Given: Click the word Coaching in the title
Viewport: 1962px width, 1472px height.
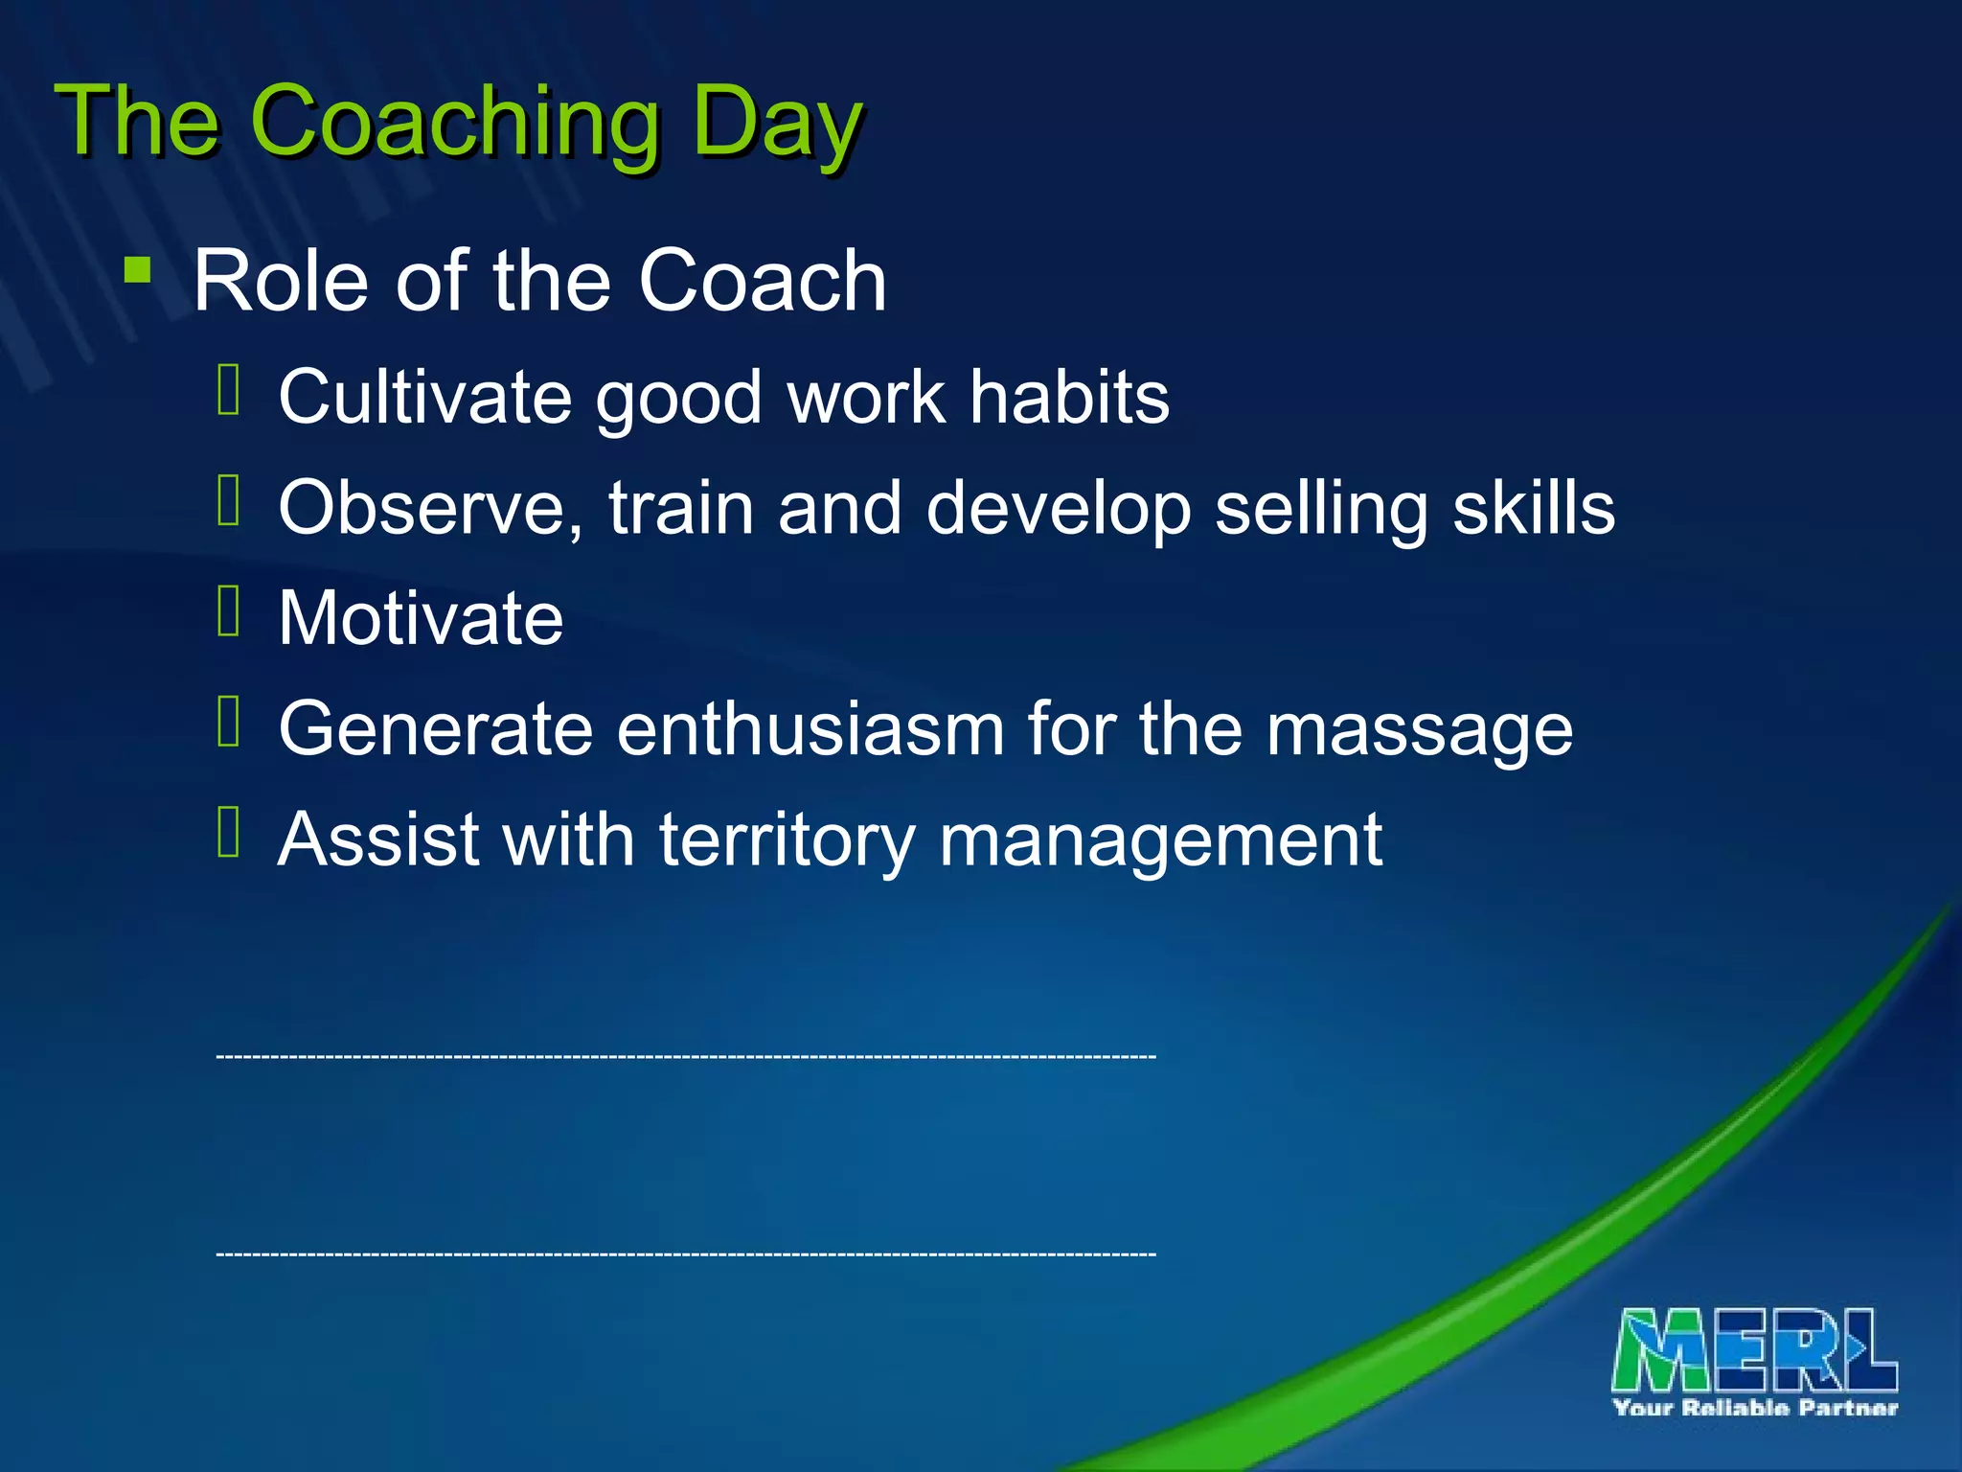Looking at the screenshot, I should click(x=454, y=123).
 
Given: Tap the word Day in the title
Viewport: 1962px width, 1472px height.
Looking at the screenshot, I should click(x=776, y=123).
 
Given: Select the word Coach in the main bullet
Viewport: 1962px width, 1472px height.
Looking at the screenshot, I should click(x=762, y=281).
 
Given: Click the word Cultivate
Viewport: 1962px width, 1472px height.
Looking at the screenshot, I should click(x=424, y=397).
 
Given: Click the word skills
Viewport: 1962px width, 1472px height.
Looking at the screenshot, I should click(x=1534, y=508).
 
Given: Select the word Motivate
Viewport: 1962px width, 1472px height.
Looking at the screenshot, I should click(x=421, y=618).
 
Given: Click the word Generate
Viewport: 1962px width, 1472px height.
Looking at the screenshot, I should click(x=435, y=729).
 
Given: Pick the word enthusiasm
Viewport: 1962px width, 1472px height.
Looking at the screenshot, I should click(x=810, y=729).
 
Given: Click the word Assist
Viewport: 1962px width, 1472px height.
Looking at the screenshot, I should click(x=377, y=839).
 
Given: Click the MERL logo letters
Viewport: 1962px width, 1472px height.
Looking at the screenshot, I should click(x=1754, y=1349).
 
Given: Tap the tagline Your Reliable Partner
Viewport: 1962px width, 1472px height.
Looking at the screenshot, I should click(x=1755, y=1408).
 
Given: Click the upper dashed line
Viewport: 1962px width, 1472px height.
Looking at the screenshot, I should click(x=686, y=1056).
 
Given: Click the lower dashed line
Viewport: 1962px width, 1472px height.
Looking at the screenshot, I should click(x=686, y=1253).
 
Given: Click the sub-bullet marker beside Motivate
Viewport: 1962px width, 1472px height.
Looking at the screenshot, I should click(x=229, y=611).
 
